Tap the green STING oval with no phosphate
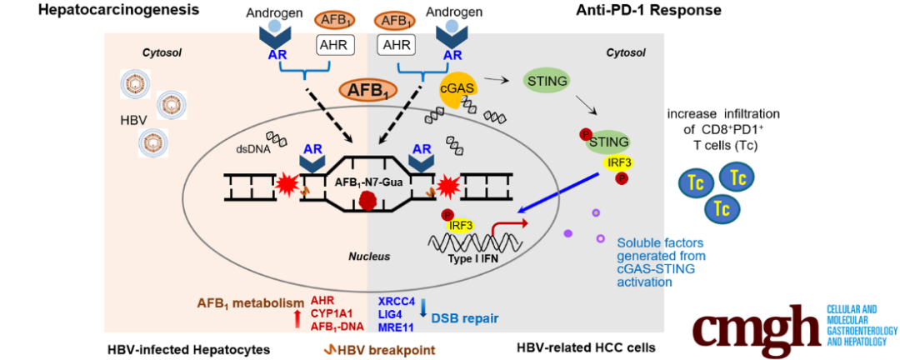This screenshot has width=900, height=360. point(547,81)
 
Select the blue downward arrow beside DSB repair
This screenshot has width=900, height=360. point(424,307)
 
